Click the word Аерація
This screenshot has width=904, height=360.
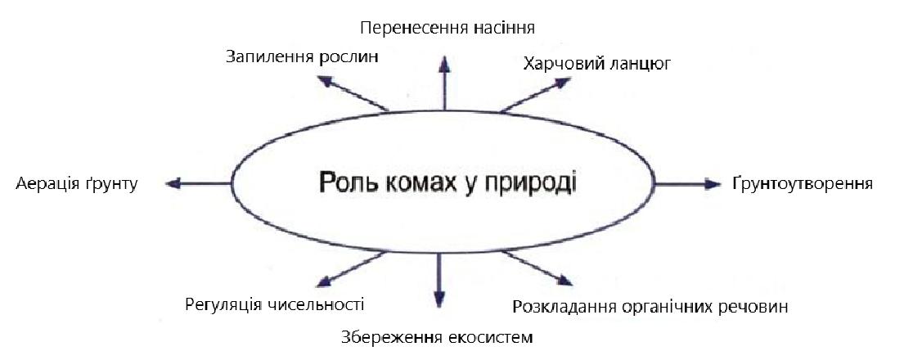pos(47,184)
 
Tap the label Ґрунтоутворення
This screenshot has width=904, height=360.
pos(803,183)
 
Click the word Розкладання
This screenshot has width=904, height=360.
pos(564,308)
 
